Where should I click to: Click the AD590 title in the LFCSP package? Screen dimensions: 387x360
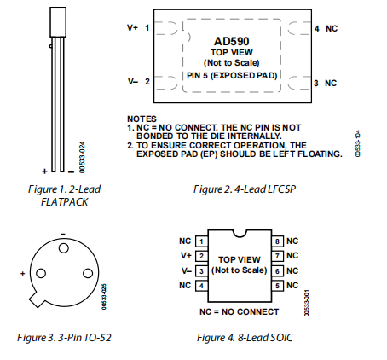pos(232,41)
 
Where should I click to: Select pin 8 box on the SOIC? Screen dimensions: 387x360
pos(277,241)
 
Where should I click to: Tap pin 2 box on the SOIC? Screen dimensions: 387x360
pos(201,256)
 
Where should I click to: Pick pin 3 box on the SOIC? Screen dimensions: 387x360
pos(201,271)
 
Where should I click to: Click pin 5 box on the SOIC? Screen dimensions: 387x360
pos(277,286)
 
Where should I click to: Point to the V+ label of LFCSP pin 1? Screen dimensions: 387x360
pos(132,28)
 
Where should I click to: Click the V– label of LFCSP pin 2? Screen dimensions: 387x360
pos(133,82)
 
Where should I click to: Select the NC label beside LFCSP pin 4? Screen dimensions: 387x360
pos(332,29)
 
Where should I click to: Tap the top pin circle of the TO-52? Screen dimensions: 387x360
pos(64,248)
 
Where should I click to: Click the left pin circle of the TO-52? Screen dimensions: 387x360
pos(41,273)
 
